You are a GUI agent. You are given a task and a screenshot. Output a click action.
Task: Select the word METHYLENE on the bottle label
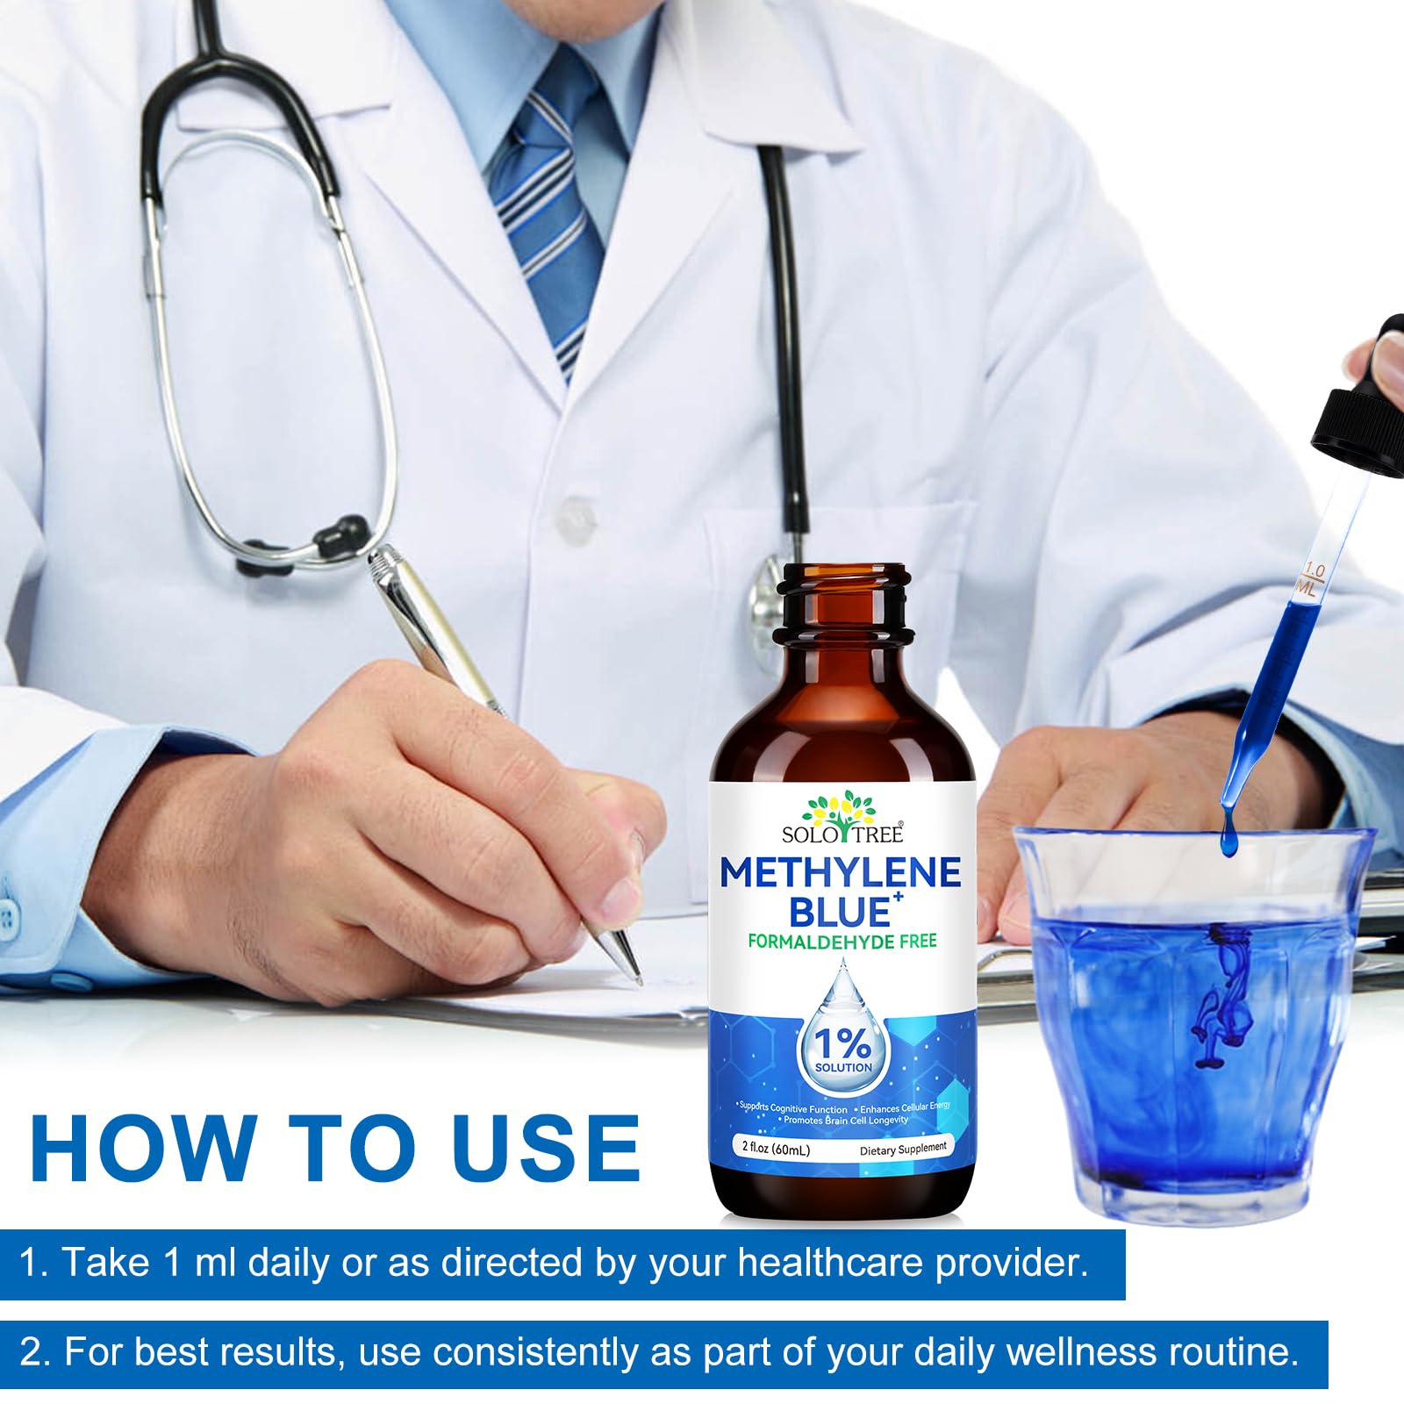click(841, 872)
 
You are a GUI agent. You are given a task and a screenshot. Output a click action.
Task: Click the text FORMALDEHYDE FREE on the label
click(842, 942)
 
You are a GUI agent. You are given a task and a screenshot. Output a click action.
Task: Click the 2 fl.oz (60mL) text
click(776, 1150)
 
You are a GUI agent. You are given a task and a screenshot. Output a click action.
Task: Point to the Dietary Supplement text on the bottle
click(903, 1149)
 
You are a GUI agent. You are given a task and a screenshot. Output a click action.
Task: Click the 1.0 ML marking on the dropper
click(1310, 582)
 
